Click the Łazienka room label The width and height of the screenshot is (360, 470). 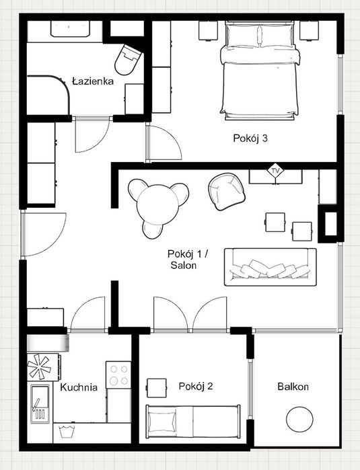(x=93, y=81)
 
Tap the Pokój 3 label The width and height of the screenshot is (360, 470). (x=250, y=139)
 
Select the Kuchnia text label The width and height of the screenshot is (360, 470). (x=79, y=387)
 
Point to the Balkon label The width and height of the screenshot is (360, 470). (x=293, y=387)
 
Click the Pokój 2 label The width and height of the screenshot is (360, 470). (x=196, y=386)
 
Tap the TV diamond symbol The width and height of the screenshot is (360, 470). (x=275, y=171)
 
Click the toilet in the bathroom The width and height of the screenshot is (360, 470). (x=127, y=60)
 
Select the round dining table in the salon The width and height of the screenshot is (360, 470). (x=157, y=204)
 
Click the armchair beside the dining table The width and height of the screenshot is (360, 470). (x=227, y=192)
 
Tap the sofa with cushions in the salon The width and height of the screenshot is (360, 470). (x=271, y=267)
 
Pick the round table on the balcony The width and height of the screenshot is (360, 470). (x=299, y=419)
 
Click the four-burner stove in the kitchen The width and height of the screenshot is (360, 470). (x=118, y=375)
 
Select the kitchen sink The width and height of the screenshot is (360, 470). (x=40, y=403)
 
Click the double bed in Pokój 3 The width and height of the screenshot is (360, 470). (x=260, y=71)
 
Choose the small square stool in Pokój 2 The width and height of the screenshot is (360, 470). (x=157, y=388)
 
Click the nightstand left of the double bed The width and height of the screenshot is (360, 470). (x=208, y=30)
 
